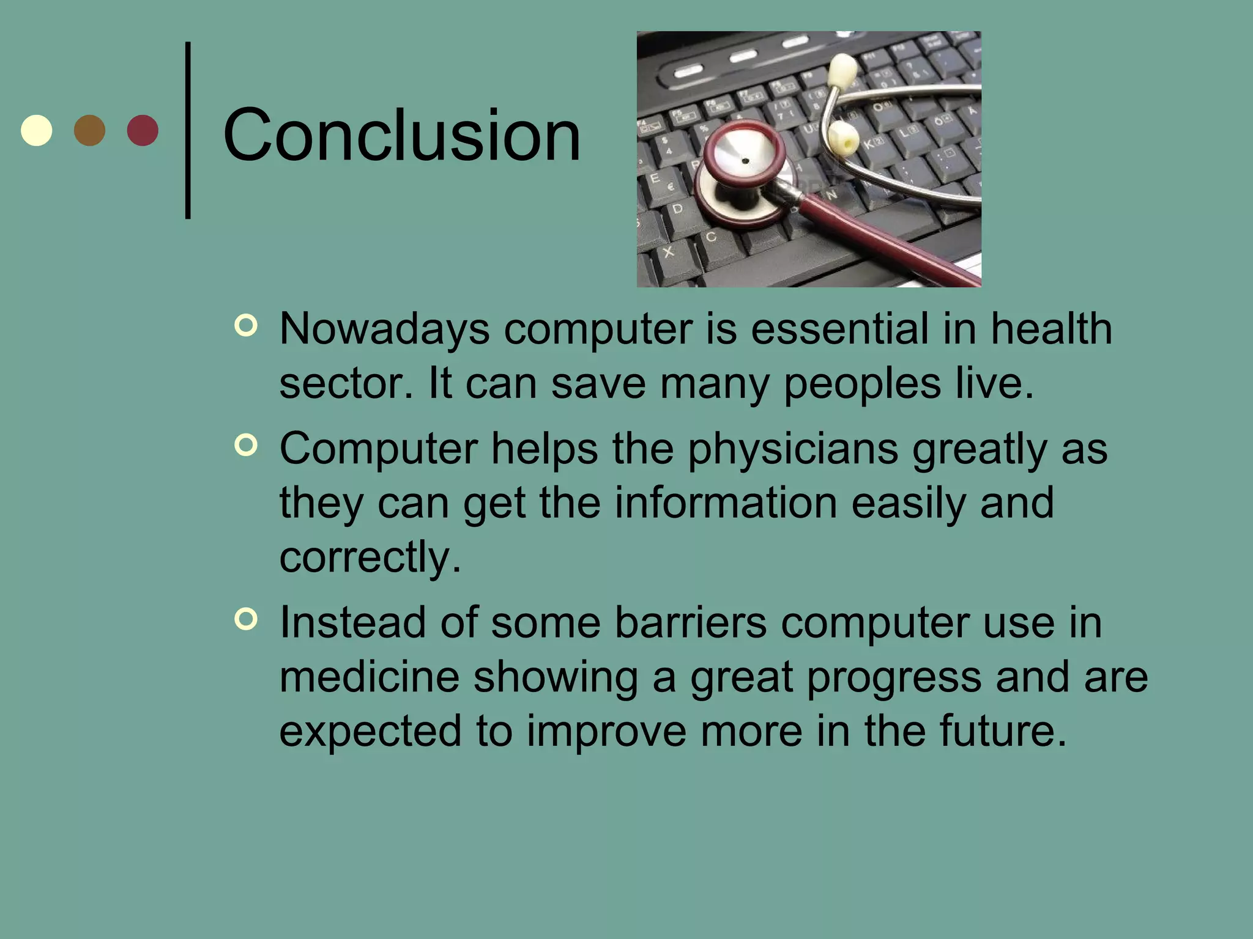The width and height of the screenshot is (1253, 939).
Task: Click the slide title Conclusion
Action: [x=401, y=136]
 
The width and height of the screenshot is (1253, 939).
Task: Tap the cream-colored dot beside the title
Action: [x=37, y=130]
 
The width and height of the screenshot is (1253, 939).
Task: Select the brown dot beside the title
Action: [x=89, y=130]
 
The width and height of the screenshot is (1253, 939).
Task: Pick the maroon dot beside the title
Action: [x=143, y=130]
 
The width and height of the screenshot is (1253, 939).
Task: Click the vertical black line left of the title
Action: [x=188, y=130]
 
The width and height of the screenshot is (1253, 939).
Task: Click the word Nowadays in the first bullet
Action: [x=384, y=330]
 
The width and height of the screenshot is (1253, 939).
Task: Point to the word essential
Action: [x=839, y=330]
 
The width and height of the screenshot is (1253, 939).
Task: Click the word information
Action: [x=726, y=504]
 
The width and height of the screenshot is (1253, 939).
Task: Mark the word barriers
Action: [x=690, y=624]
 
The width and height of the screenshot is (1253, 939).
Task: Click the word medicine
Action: [x=369, y=677]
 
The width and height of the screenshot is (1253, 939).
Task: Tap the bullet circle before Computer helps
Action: [x=246, y=445]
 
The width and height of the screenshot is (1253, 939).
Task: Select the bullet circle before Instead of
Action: [x=246, y=619]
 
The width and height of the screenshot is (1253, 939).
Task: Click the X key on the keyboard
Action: [x=669, y=251]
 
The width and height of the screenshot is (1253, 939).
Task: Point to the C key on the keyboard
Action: [x=711, y=237]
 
